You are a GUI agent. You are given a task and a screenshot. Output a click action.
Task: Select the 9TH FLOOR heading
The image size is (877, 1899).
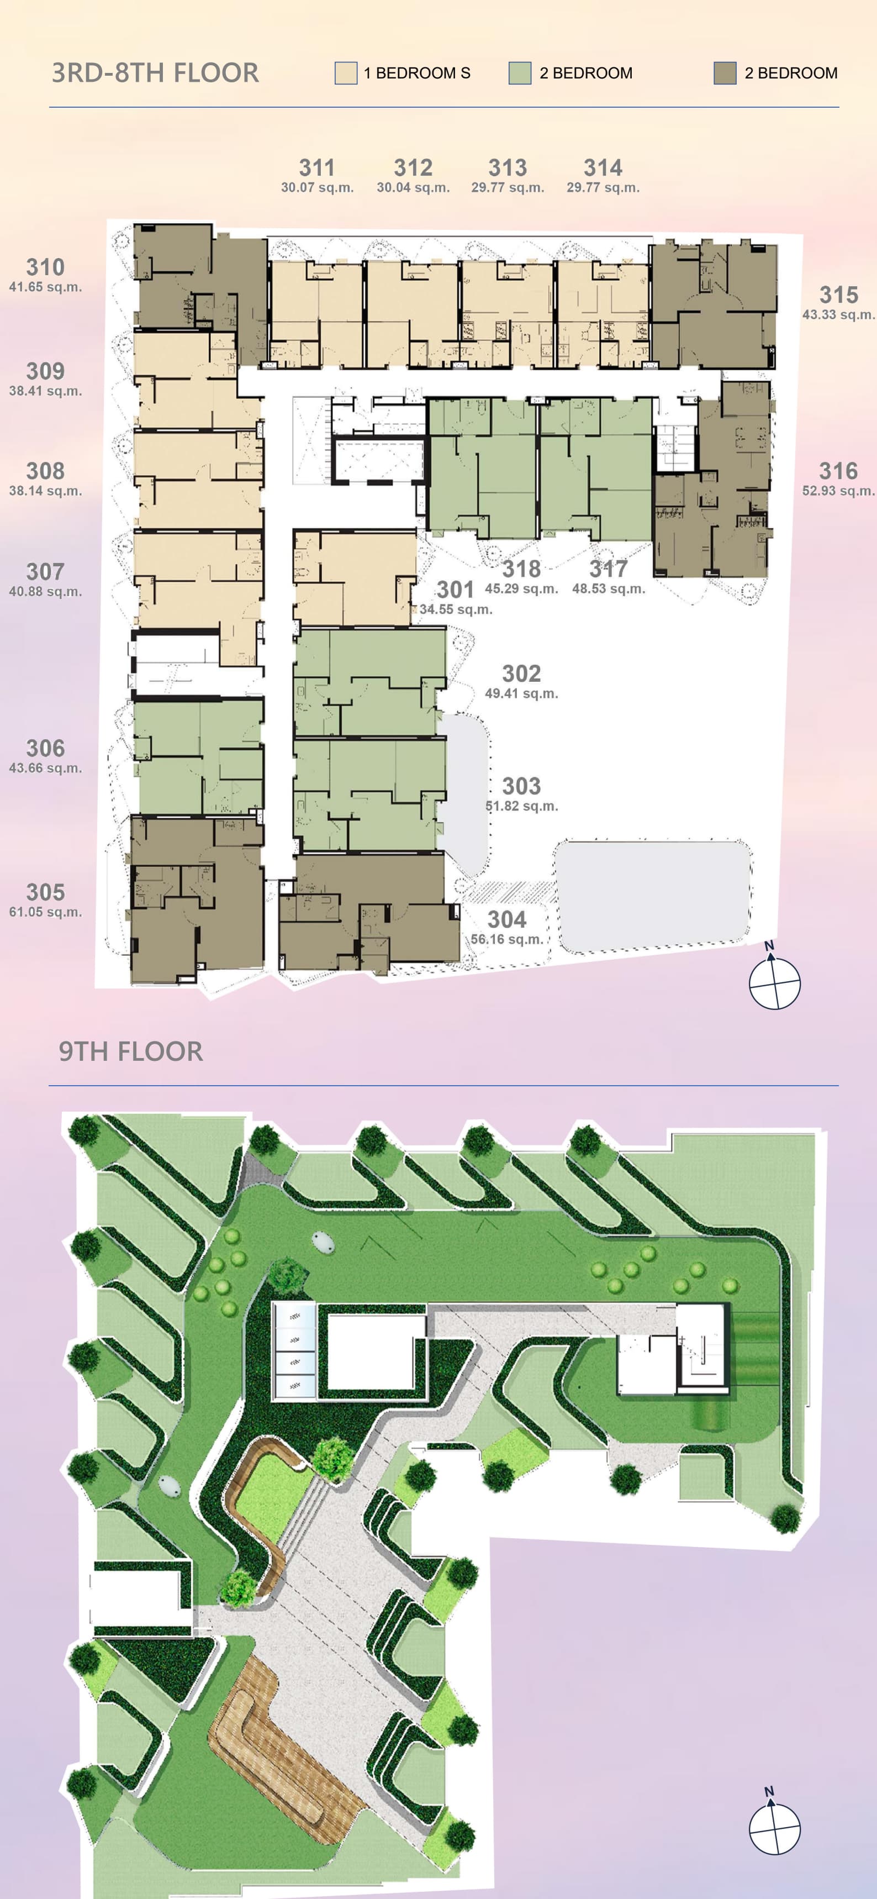tap(130, 1051)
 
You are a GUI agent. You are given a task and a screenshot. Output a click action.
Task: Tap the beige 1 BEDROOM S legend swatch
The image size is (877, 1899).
tap(346, 73)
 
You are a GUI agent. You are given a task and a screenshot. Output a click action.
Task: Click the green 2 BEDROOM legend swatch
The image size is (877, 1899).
tap(520, 73)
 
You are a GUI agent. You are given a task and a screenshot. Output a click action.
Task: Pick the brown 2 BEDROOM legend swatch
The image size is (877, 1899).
tap(725, 73)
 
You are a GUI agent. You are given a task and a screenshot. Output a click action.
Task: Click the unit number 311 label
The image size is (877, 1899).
tap(317, 168)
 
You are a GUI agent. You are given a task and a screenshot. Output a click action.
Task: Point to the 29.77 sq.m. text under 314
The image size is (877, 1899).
tap(603, 188)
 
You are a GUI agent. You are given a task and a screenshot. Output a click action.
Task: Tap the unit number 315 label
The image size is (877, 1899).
tap(839, 295)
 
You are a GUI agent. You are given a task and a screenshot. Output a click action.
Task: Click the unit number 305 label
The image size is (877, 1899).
tap(46, 892)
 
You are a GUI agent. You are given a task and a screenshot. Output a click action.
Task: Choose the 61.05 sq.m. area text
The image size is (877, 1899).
tap(46, 912)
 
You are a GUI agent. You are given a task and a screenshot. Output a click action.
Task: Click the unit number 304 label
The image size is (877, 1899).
tap(507, 919)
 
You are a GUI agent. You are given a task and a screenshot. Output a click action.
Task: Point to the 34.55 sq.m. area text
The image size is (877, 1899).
tap(456, 609)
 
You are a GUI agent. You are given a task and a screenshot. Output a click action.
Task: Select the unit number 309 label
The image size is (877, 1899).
tap(46, 371)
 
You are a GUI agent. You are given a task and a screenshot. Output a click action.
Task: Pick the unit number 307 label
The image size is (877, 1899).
tap(46, 571)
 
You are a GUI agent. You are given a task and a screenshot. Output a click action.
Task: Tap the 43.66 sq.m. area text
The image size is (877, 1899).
tap(46, 768)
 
